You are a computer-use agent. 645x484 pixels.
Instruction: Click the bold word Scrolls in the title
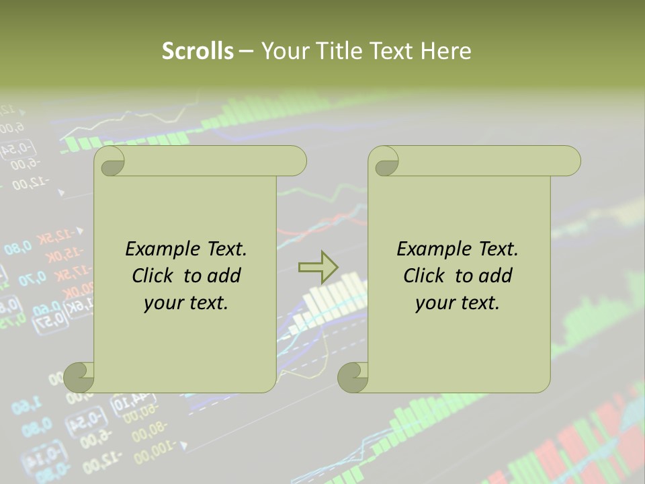(x=198, y=51)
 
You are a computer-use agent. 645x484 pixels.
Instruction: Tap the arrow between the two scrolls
(x=318, y=268)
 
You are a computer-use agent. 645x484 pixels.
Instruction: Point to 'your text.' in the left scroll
(x=186, y=302)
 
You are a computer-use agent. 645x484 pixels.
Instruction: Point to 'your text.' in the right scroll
(x=458, y=302)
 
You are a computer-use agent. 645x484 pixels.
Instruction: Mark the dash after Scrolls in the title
(x=247, y=51)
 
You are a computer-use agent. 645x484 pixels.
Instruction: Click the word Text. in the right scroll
(x=498, y=249)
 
